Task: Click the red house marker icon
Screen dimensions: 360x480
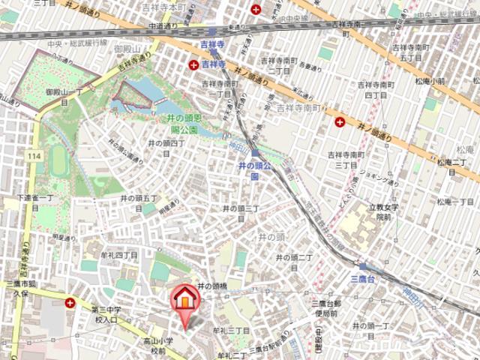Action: point(184,299)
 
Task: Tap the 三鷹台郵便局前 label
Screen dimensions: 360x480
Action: point(328,308)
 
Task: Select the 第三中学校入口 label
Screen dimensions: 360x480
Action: point(105,315)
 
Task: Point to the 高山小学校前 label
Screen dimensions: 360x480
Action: point(159,346)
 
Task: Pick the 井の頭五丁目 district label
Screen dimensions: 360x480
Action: point(139,202)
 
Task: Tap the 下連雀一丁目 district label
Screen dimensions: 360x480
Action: point(37,202)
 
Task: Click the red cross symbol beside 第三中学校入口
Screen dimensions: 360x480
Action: point(70,303)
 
